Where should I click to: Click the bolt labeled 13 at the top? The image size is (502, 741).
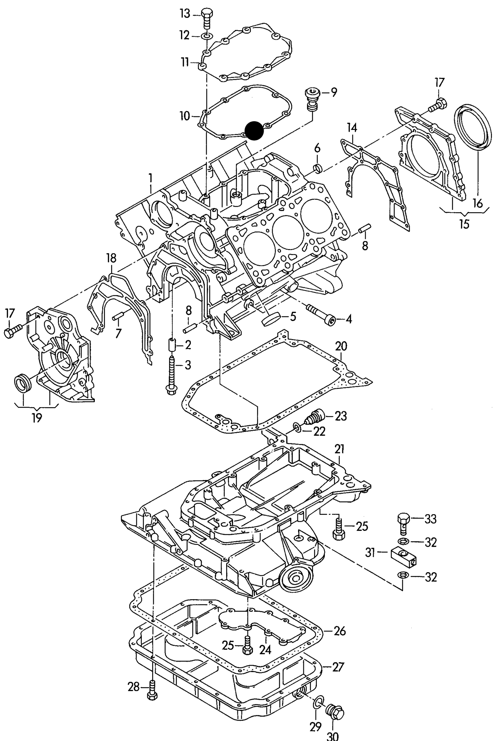207,18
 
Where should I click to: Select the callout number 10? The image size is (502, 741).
185,116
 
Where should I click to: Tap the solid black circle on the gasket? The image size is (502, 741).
254,131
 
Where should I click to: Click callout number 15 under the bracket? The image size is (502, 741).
464,224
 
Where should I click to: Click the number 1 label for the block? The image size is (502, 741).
150,178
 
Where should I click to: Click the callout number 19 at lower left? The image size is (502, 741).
37,418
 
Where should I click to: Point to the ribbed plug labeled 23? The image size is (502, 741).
314,418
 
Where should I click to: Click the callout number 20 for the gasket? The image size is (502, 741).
341,346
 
